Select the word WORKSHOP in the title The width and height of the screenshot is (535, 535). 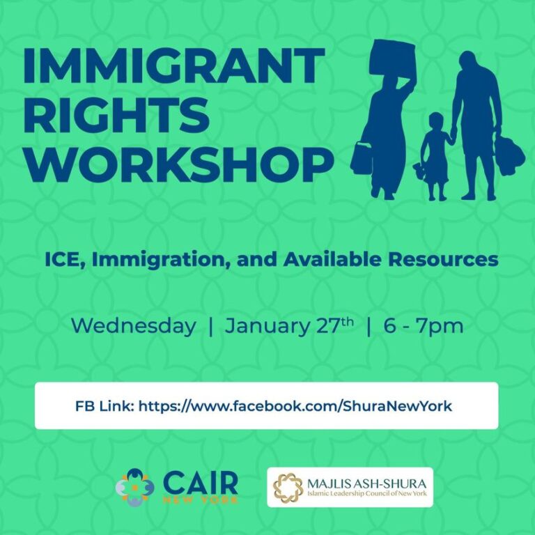(x=178, y=163)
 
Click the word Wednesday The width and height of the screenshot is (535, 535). (x=133, y=325)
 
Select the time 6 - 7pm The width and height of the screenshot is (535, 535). (x=424, y=325)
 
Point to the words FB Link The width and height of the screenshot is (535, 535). (x=104, y=405)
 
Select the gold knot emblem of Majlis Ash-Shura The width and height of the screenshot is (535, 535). (x=288, y=487)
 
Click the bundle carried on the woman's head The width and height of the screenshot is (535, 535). (x=394, y=59)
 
